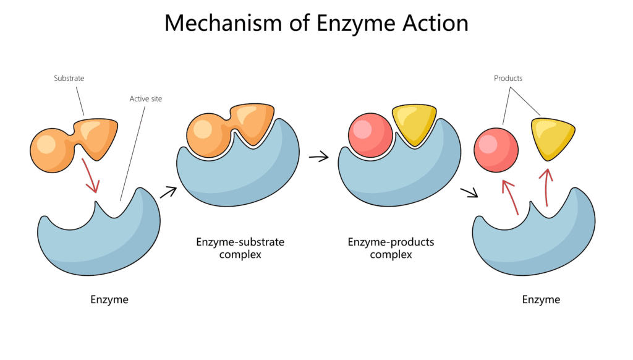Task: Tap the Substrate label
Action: coord(69,79)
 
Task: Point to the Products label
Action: coord(508,79)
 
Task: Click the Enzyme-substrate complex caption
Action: coord(240,248)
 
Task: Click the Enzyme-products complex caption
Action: coord(391,248)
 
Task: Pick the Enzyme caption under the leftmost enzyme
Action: coord(109,299)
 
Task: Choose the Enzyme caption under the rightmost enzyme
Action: coord(541,299)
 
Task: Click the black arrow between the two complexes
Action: coord(319,157)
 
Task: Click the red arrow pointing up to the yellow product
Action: coord(546,186)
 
